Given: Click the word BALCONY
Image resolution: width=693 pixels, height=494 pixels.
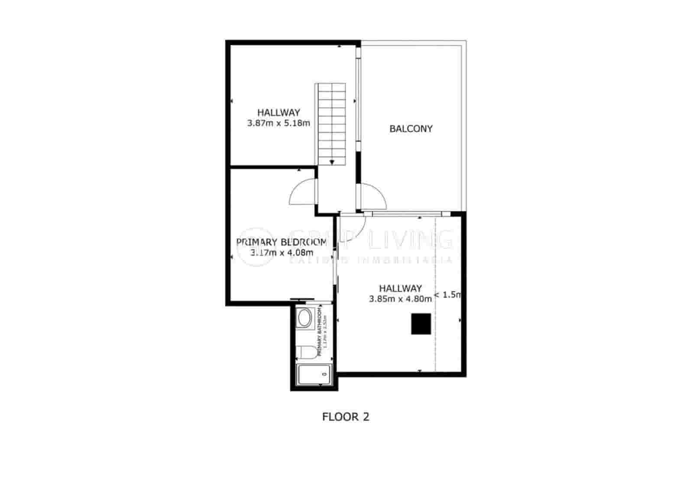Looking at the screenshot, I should [411, 129].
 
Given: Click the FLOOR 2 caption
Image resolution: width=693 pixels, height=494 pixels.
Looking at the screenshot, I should [346, 417].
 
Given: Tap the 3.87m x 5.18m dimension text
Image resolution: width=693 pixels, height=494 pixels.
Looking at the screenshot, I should [278, 123].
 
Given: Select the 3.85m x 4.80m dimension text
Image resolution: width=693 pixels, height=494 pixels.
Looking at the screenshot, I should [400, 299].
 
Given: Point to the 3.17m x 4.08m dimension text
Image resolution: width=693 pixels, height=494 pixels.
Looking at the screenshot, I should [282, 252].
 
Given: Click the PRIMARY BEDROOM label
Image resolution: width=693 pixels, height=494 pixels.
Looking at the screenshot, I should [282, 242].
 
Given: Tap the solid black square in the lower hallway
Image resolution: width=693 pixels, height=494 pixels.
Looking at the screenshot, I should [421, 324].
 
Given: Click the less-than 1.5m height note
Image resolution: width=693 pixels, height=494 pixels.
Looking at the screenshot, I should [447, 295].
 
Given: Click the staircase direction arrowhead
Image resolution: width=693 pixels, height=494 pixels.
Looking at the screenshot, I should [332, 162].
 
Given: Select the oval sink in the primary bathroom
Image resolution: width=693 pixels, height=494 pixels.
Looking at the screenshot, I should [304, 319].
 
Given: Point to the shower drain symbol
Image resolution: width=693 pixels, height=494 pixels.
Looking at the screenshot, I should [324, 374].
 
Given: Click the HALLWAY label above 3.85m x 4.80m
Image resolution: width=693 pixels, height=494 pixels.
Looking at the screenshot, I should [400, 288].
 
